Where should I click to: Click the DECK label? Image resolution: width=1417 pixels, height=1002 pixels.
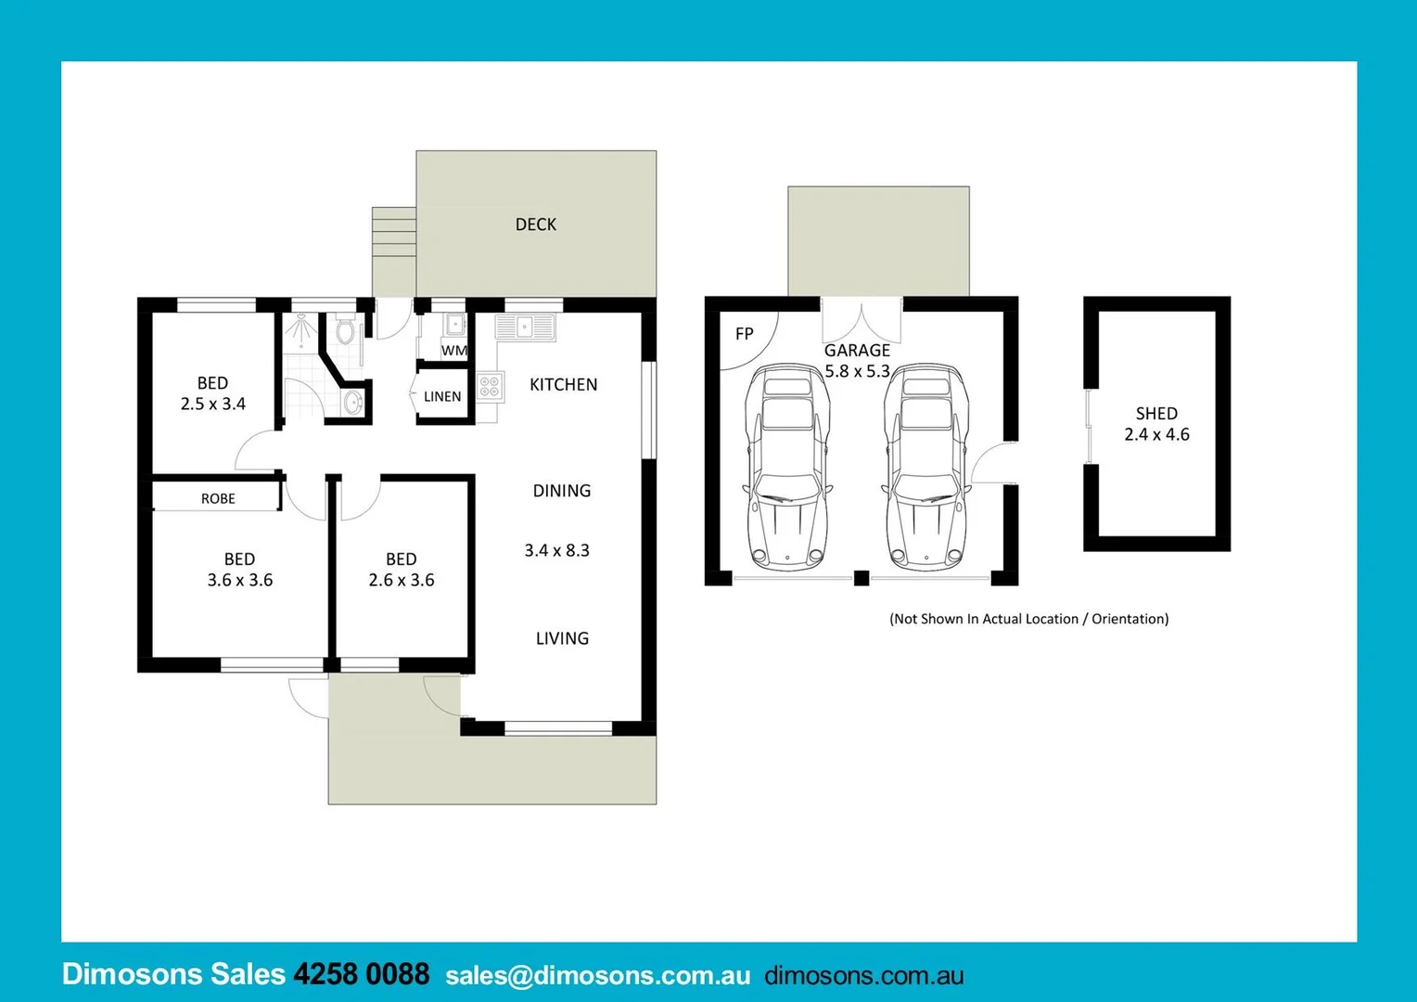(536, 225)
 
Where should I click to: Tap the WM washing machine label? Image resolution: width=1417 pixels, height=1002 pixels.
(453, 351)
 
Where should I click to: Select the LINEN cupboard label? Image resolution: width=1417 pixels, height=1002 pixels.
(442, 396)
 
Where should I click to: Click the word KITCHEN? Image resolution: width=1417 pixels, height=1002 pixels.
(563, 384)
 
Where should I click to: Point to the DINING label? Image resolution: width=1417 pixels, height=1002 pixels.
(561, 491)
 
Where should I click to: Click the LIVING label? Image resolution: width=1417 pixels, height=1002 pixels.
(562, 638)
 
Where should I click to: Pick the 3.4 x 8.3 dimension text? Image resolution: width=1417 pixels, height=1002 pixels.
(556, 550)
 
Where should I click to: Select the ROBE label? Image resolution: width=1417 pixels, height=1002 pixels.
(218, 498)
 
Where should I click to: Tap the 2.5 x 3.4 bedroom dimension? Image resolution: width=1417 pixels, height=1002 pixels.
(212, 404)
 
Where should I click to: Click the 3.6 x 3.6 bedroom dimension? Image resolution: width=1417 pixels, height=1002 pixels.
(239, 580)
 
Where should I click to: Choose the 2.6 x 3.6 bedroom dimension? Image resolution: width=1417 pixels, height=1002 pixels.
(401, 580)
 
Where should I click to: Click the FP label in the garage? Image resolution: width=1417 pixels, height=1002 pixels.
(744, 334)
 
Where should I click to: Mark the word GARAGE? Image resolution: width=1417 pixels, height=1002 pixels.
(857, 350)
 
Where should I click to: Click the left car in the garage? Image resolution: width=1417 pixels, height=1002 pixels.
(787, 469)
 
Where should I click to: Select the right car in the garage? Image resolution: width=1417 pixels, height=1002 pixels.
(926, 469)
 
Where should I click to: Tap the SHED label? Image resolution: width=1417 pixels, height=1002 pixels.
(1156, 413)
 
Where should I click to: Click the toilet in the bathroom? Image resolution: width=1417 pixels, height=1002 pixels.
(345, 330)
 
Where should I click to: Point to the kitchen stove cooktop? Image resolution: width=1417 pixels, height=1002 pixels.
(490, 386)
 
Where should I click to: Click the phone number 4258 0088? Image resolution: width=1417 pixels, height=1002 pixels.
(361, 974)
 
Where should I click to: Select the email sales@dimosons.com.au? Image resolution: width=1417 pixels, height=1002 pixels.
(597, 976)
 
